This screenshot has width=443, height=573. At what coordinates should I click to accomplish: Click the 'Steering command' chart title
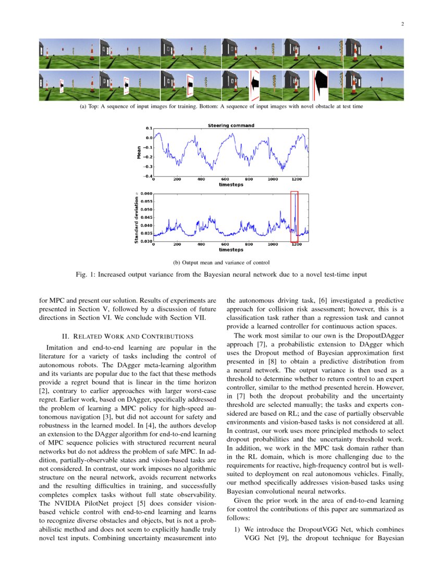coord(231,126)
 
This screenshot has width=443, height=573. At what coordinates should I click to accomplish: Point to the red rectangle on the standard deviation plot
coord(294,217)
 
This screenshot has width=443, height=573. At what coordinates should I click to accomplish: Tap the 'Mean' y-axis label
coord(139,152)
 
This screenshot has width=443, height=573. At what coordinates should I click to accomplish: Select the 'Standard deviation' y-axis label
coord(136,219)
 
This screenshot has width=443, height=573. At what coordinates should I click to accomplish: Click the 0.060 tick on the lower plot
coord(146,193)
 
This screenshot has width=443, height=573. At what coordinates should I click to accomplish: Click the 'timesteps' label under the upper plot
coord(231,184)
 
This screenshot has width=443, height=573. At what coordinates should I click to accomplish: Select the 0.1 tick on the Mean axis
coord(149,128)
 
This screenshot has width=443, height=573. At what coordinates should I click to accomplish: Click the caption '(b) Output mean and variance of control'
coord(221,262)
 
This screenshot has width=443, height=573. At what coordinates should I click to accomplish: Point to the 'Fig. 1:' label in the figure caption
coord(87,274)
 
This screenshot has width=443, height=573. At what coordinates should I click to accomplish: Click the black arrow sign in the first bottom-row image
coord(61,85)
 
